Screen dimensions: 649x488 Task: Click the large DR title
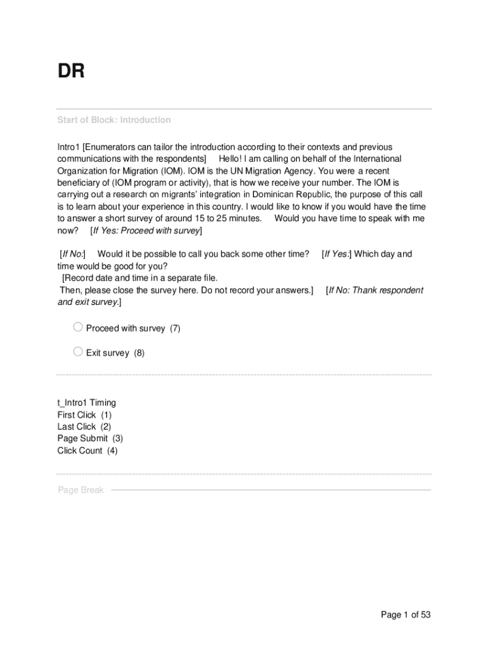pos(71,72)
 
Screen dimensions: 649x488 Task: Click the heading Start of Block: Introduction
pos(114,120)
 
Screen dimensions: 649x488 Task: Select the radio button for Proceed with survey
pos(78,327)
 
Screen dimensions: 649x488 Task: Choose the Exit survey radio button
pos(78,352)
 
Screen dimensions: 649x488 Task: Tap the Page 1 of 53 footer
pos(406,615)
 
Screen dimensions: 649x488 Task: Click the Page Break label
pos(80,490)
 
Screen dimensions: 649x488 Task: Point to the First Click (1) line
pos(84,414)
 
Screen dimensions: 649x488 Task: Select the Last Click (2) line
pos(84,427)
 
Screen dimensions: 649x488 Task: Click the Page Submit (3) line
pos(90,439)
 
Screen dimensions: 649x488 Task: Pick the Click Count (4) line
pos(87,451)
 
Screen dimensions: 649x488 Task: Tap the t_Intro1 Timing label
pos(87,402)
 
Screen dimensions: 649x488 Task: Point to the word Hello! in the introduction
pos(234,158)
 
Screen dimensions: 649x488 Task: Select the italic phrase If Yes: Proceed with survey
pos(146,231)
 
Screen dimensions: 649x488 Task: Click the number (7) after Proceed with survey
pos(175,328)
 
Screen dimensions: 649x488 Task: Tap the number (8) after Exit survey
pos(139,353)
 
